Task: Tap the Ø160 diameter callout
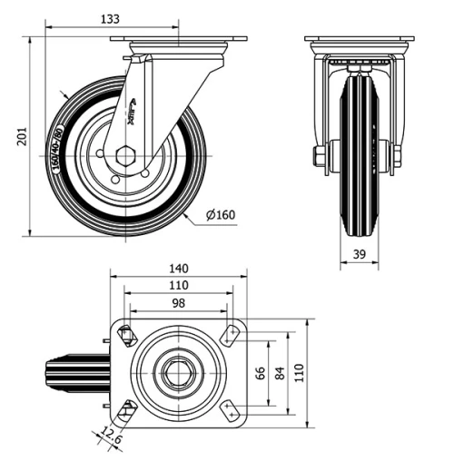(221, 215)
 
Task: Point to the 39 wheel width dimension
(359, 255)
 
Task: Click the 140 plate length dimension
(178, 268)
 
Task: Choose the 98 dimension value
(178, 302)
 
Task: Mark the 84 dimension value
(280, 373)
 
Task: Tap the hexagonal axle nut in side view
(125, 155)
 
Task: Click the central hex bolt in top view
(178, 373)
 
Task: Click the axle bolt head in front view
(319, 157)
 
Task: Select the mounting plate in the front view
(360, 39)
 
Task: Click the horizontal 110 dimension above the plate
(178, 285)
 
